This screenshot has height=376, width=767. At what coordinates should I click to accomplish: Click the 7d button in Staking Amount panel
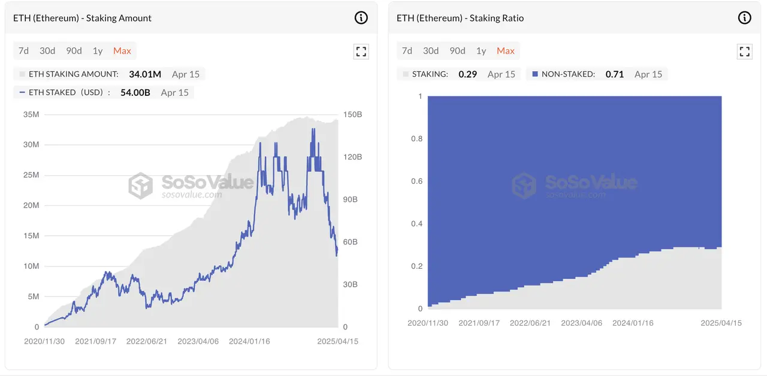click(23, 51)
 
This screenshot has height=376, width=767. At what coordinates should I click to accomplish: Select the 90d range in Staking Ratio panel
click(457, 51)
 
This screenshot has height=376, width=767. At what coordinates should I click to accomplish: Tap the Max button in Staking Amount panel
click(122, 51)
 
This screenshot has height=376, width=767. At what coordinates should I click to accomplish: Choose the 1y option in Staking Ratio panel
click(481, 51)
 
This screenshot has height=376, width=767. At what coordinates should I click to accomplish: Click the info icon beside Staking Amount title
click(361, 18)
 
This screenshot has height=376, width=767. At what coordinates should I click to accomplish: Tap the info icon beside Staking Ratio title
click(744, 18)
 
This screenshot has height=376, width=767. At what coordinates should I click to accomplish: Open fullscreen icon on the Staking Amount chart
click(361, 51)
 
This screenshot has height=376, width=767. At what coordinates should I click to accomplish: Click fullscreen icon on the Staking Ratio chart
click(744, 51)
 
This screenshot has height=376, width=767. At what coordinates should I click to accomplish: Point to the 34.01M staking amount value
click(145, 74)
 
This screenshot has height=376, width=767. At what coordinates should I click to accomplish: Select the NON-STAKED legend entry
click(568, 74)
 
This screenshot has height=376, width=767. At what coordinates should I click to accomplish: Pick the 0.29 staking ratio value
click(468, 74)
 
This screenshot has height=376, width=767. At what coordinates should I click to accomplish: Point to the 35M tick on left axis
click(31, 114)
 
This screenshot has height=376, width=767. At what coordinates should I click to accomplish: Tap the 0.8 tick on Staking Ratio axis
click(416, 139)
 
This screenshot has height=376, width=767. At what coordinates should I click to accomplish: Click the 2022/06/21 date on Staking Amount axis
click(147, 341)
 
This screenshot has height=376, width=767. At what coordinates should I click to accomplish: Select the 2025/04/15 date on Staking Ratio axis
click(721, 323)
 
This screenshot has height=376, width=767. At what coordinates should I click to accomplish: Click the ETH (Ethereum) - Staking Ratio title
click(460, 18)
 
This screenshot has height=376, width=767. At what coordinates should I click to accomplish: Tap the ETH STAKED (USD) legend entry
click(61, 93)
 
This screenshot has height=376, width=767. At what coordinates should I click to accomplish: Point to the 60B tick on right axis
click(351, 242)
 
